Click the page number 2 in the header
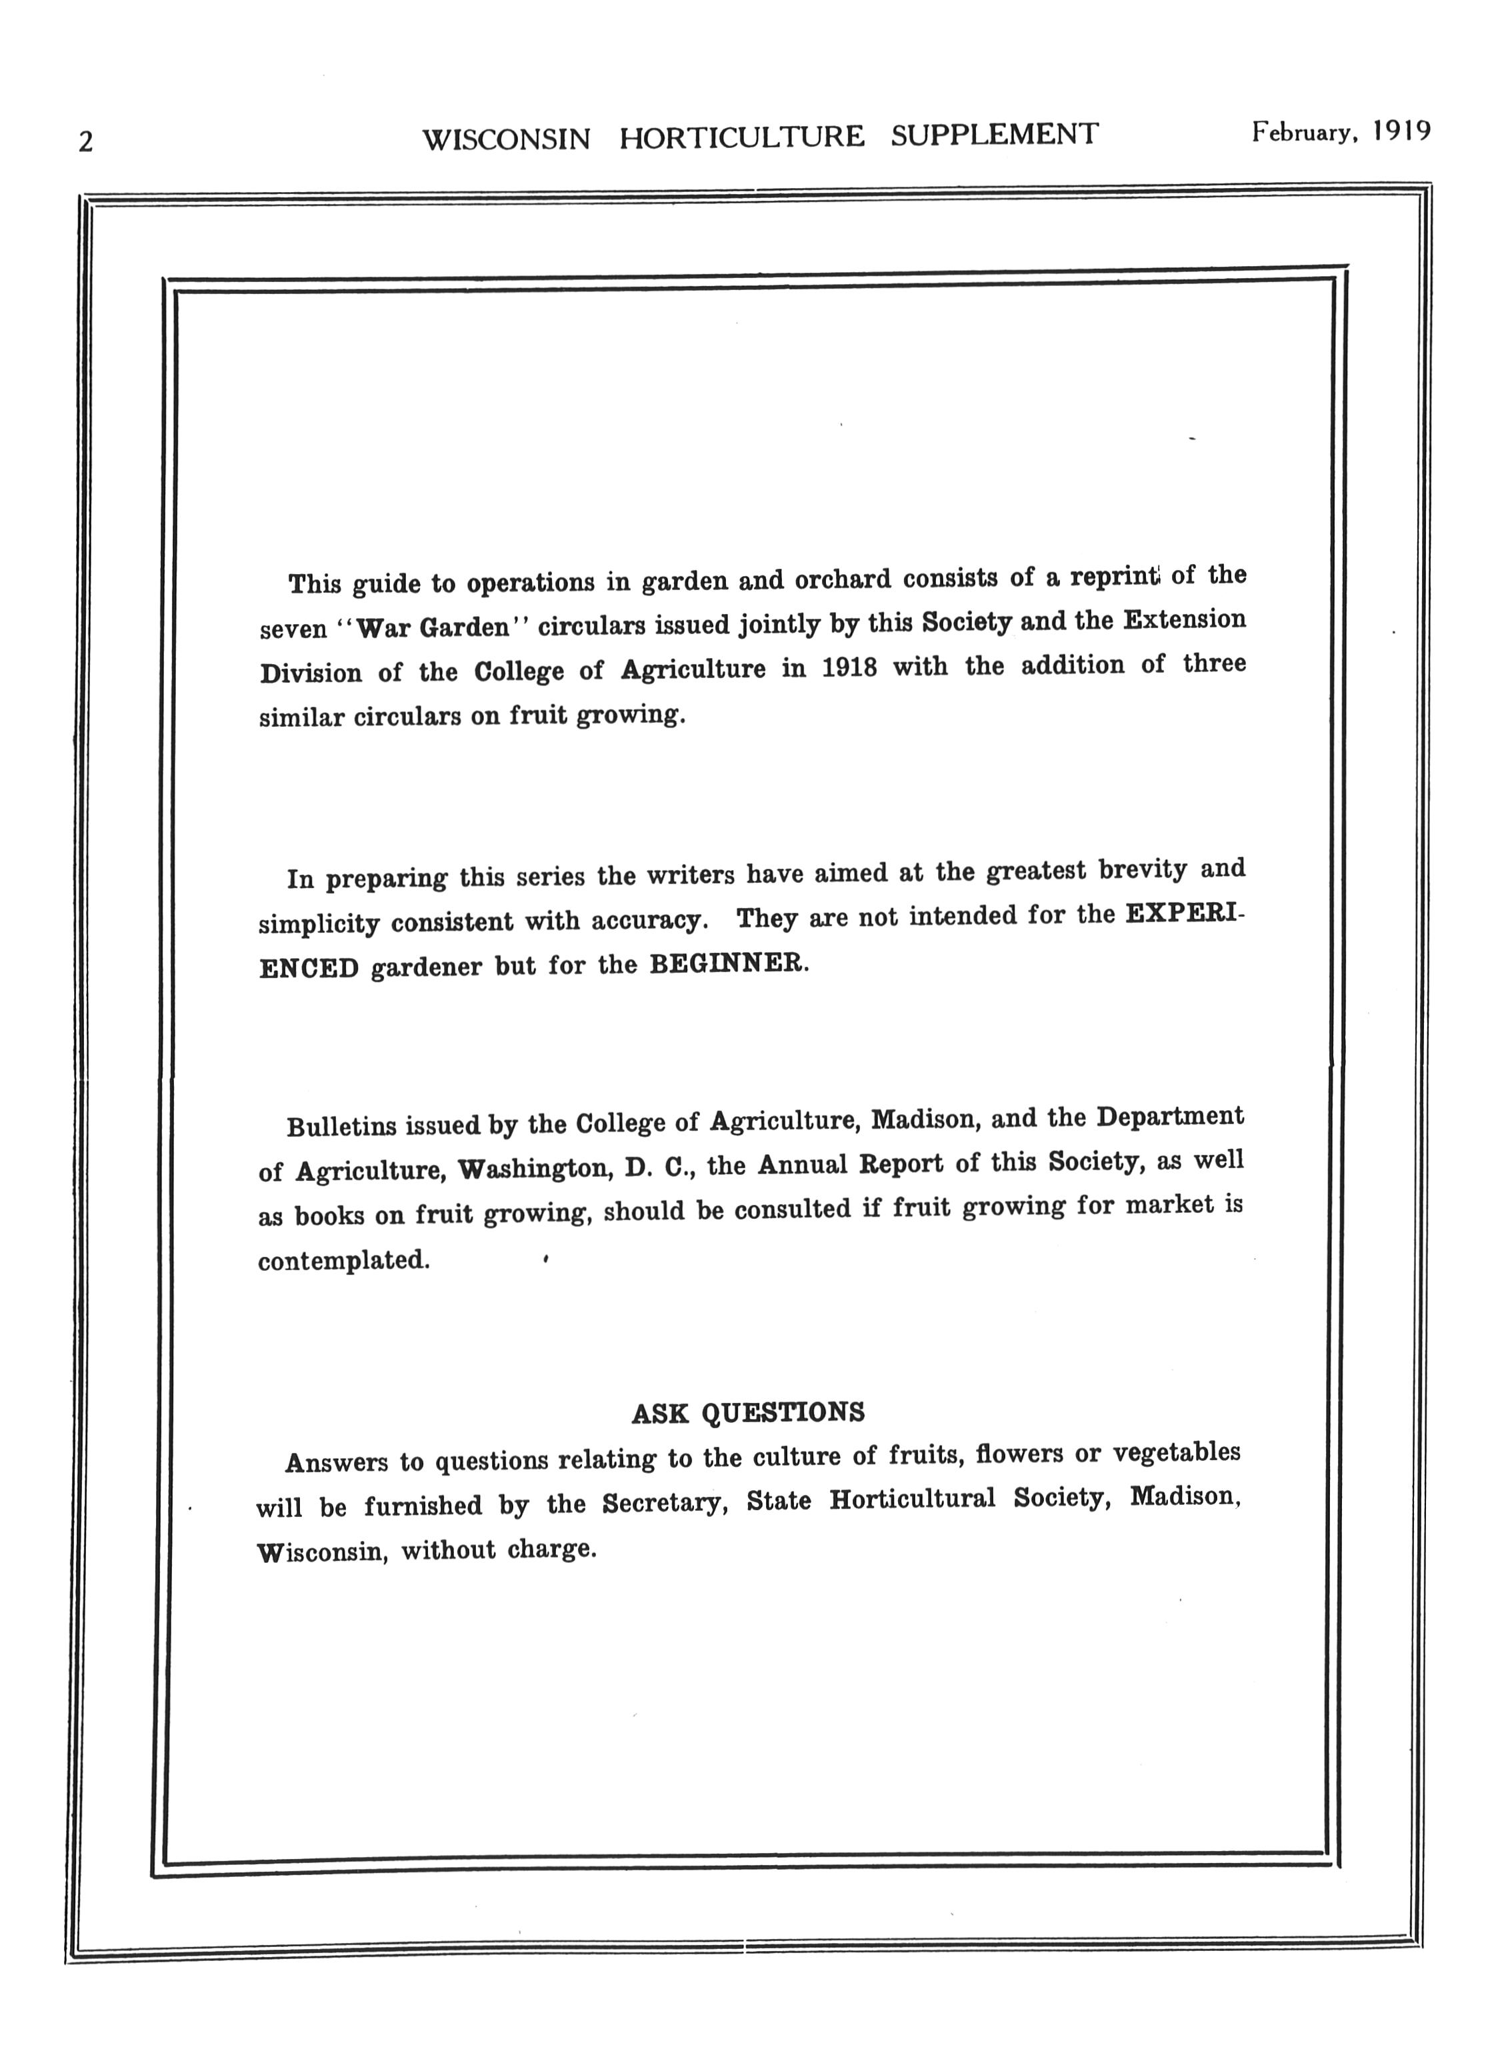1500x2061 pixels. click(85, 143)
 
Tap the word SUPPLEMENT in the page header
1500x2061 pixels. click(994, 135)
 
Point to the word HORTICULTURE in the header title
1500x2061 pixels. click(741, 137)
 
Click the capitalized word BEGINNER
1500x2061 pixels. click(728, 964)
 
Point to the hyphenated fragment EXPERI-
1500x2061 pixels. click(1185, 914)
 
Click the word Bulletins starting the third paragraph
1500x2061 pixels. click(341, 1127)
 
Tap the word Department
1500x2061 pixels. click(1169, 1117)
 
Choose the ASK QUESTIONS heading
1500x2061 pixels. click(748, 1413)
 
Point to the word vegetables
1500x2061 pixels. click(1177, 1453)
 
